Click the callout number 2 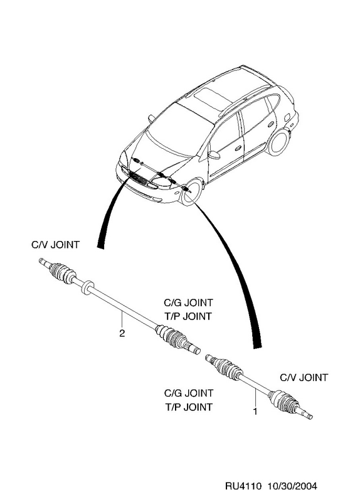(122, 333)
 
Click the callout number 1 (255, 412)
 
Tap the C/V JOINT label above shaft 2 (55, 245)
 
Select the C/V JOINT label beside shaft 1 (304, 378)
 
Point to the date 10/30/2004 (292, 486)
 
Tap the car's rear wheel (279, 143)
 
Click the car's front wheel (191, 192)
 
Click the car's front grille (139, 179)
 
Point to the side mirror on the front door (214, 155)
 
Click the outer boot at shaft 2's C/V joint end (63, 273)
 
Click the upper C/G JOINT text (188, 302)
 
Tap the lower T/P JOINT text (189, 407)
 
